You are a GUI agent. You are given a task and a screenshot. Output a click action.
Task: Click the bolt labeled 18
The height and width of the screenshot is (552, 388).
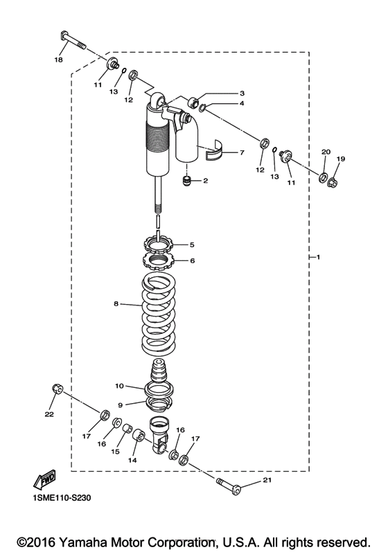73,40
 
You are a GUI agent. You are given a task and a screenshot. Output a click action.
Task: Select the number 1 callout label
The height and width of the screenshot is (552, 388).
318,258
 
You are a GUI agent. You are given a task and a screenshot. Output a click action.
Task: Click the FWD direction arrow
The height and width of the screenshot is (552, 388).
44,479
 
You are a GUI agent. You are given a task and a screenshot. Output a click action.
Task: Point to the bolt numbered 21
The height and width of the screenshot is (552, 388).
229,487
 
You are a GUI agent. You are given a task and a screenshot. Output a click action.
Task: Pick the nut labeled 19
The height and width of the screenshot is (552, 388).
332,183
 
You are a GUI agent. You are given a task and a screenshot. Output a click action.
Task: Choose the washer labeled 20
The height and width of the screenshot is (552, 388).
323,177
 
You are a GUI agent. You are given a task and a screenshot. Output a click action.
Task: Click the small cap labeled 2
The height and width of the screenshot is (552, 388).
186,181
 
